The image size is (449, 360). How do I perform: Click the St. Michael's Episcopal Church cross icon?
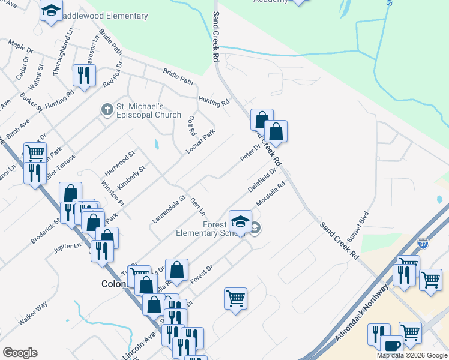[x=106, y=110]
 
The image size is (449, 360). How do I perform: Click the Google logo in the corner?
[x=20, y=352]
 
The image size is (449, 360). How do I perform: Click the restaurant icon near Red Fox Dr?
[x=83, y=74]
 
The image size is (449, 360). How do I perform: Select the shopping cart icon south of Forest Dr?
[x=235, y=298]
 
